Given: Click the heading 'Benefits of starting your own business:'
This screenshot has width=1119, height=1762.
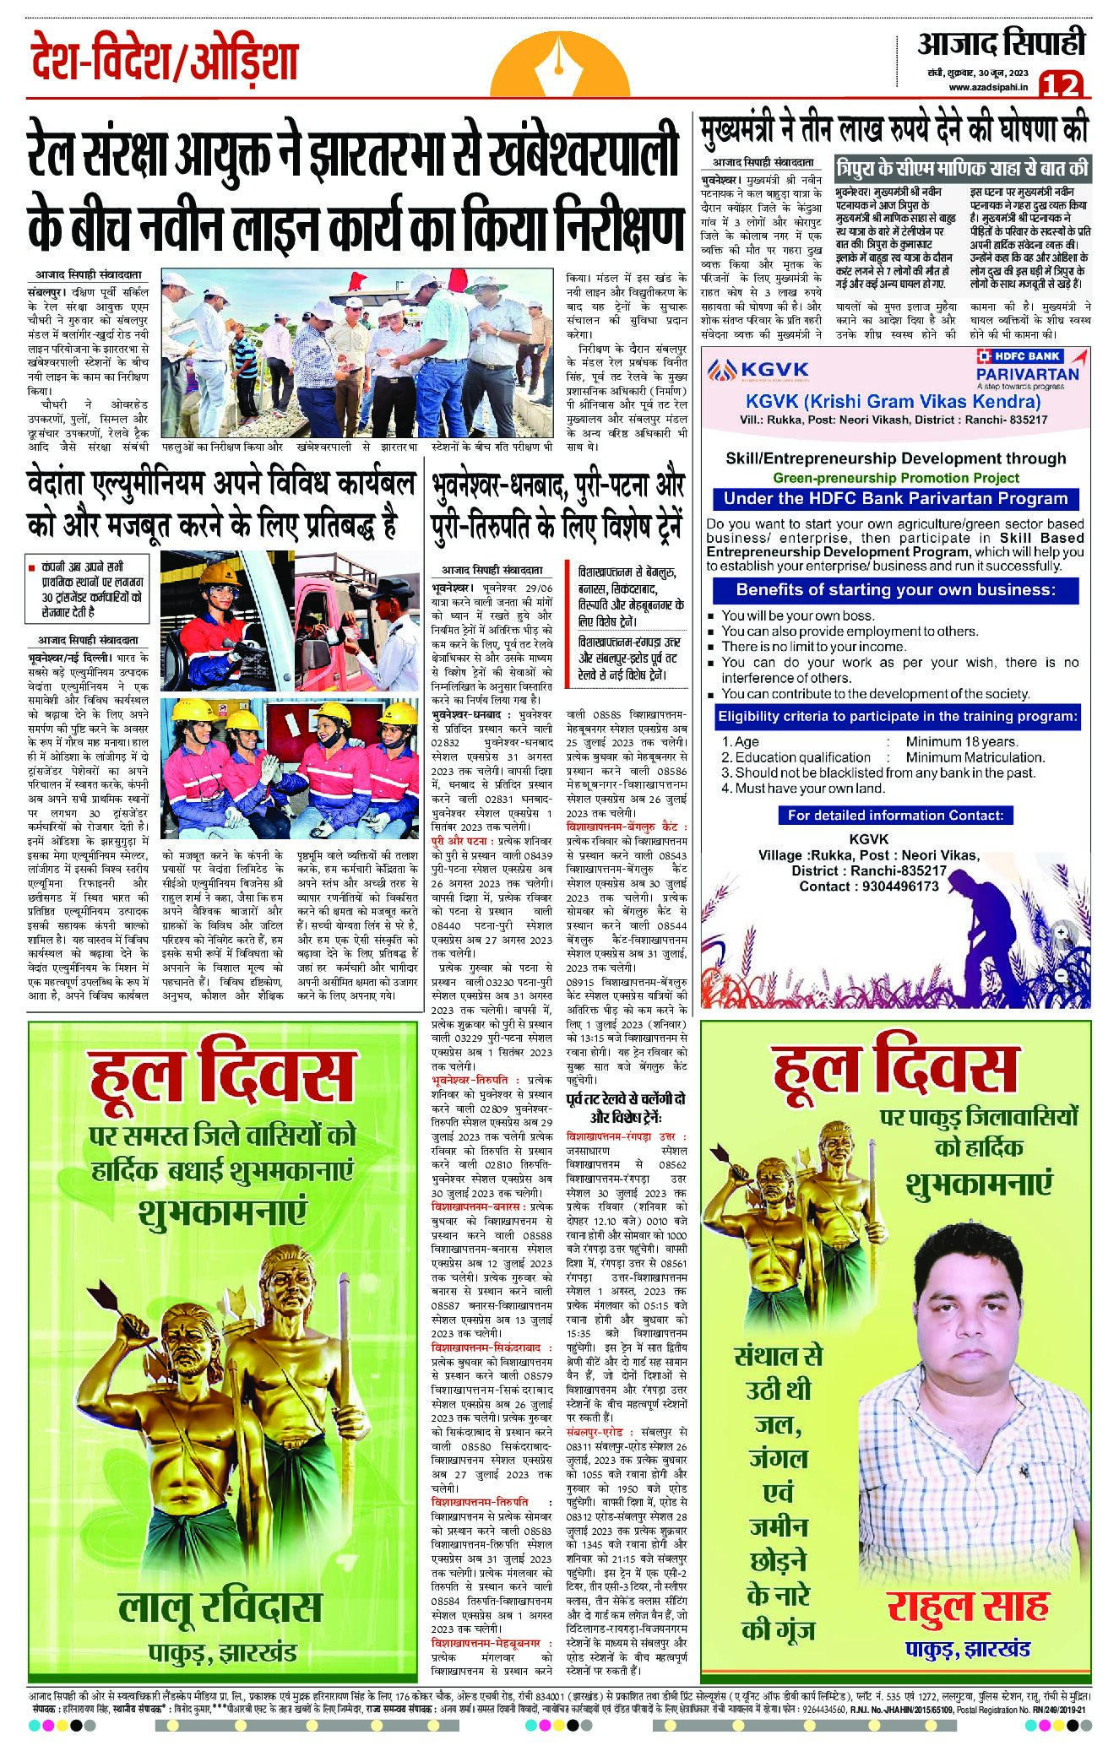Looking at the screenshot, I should [895, 589].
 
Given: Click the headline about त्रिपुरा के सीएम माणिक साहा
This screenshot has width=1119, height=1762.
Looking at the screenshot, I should [963, 166].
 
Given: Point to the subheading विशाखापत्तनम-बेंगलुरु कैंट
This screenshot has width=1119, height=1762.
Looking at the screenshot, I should [626, 827].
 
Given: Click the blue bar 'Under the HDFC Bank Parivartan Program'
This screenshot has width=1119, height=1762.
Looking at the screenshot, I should [895, 498].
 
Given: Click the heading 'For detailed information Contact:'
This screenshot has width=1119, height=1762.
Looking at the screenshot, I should [895, 815].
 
